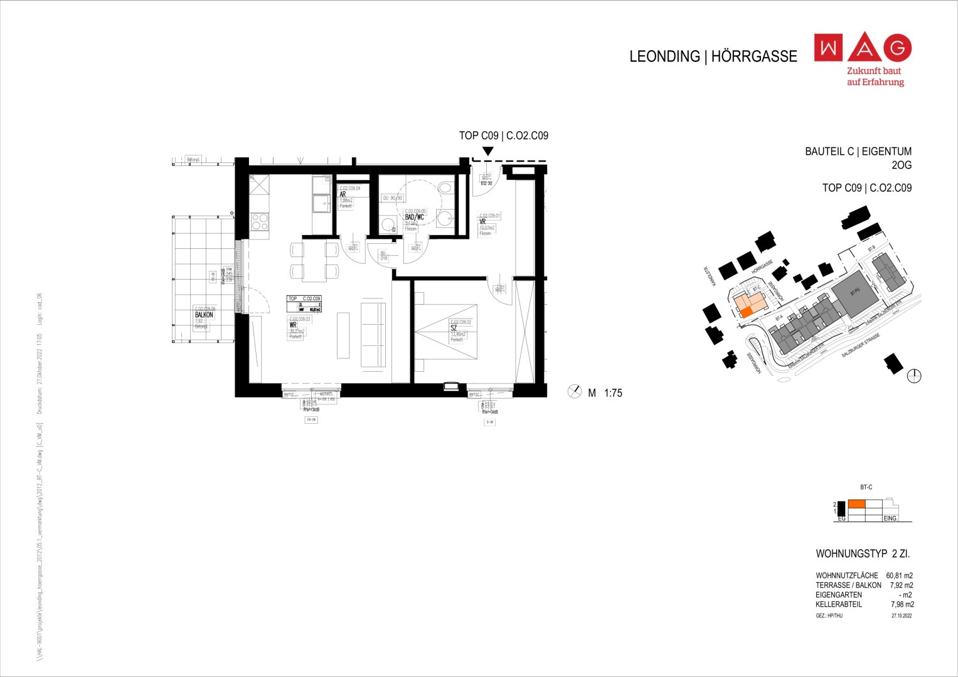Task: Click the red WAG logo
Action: [x=863, y=48]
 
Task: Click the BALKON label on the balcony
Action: [x=204, y=315]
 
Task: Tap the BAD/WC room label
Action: [x=414, y=217]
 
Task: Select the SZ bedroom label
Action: [x=454, y=327]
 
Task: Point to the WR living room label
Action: [x=292, y=325]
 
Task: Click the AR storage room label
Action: [x=343, y=194]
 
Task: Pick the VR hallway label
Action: [x=482, y=221]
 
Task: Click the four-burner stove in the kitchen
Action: [x=259, y=222]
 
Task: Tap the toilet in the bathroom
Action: [x=446, y=187]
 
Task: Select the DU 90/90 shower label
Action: [x=393, y=198]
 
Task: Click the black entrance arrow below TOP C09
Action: [x=487, y=151]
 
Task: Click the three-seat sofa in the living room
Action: [x=373, y=335]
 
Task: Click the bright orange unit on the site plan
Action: [x=746, y=312]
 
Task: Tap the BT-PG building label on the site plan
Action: [x=854, y=292]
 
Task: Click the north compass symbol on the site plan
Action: [x=915, y=376]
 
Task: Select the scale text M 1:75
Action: [x=605, y=393]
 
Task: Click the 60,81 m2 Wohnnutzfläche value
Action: [x=899, y=575]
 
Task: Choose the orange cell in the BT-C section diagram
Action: [x=856, y=503]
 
